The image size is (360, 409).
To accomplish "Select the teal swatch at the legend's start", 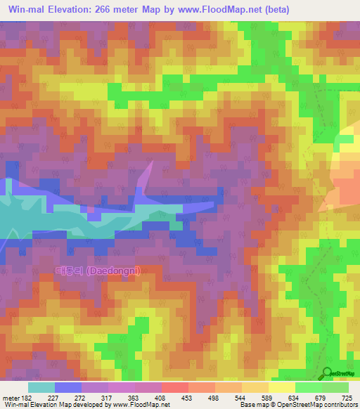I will point(41,387).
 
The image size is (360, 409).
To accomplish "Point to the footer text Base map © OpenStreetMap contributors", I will point(298,404).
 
